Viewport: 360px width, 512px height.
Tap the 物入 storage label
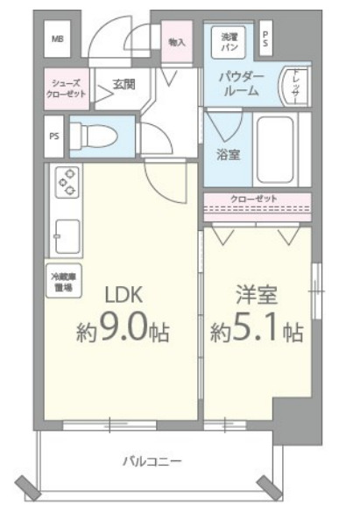(176, 41)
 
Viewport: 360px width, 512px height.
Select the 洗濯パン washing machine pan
(229, 39)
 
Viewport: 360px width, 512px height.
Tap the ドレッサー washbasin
(295, 85)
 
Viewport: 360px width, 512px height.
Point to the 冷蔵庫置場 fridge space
(59, 280)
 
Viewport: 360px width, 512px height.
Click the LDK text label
(124, 294)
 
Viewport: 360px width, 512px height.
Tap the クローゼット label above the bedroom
(253, 199)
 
